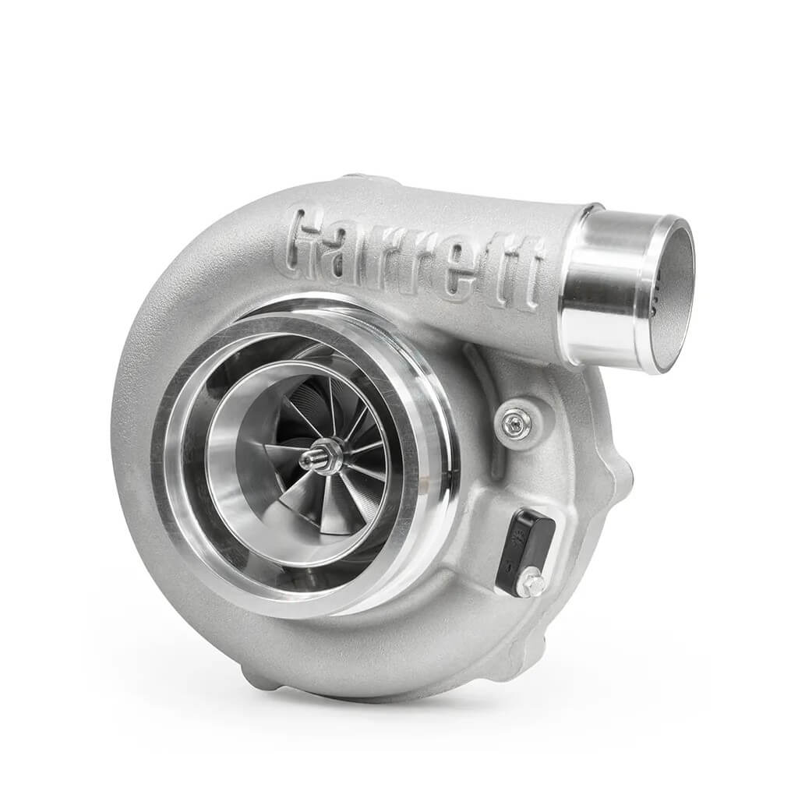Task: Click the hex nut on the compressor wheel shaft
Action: [325, 456]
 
